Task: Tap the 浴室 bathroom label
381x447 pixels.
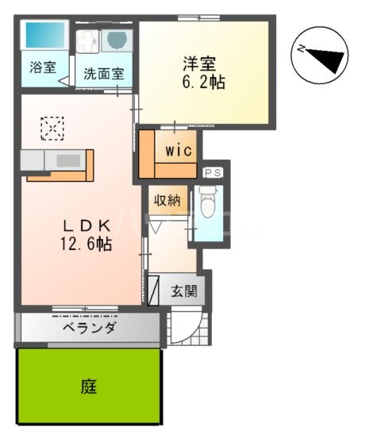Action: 43,67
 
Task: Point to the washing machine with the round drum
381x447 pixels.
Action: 117,40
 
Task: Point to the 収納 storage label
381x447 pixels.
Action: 167,200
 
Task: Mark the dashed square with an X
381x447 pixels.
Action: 52,128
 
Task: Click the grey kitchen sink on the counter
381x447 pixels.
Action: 67,161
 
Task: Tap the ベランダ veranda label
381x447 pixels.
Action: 90,327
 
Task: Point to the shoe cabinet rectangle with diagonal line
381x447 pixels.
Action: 156,289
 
